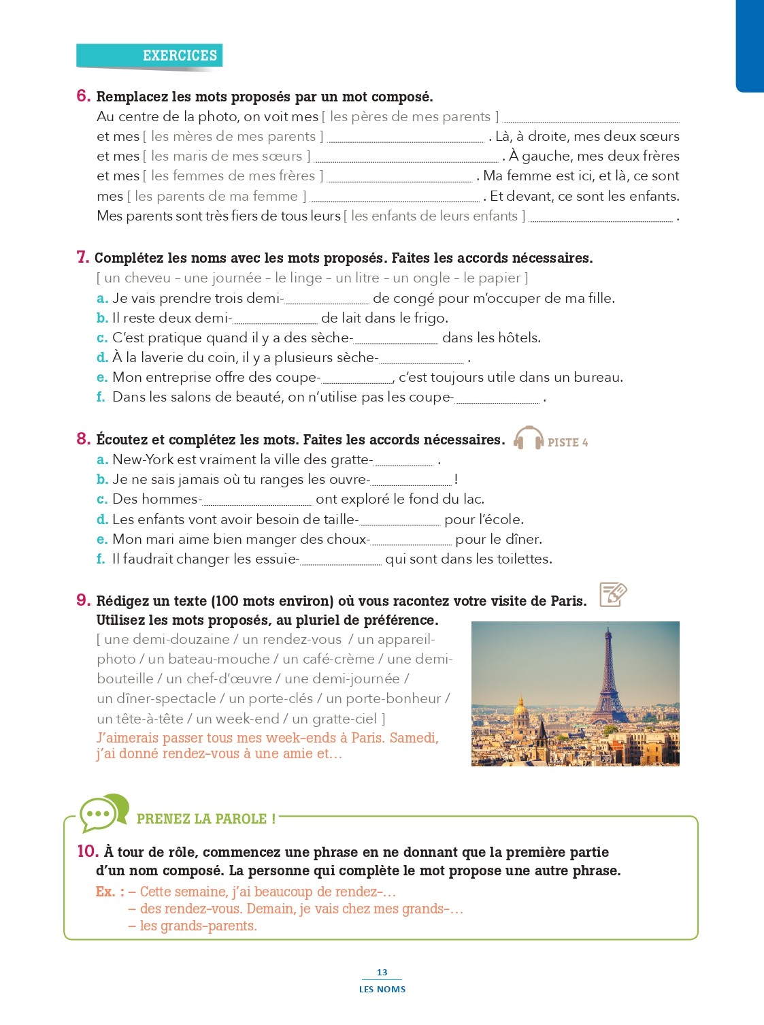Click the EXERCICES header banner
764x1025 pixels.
(150, 56)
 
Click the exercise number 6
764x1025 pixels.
(83, 96)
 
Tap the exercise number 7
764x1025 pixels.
(82, 257)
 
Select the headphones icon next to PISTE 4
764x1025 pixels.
(529, 438)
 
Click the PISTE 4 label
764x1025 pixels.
(567, 442)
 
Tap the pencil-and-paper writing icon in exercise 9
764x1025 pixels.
(612, 594)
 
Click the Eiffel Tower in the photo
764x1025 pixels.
(608, 681)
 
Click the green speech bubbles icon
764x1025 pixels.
(103, 812)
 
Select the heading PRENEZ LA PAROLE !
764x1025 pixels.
(206, 819)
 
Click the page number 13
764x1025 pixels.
(382, 973)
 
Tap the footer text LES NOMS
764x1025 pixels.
(382, 989)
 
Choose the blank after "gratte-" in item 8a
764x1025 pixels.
(403, 461)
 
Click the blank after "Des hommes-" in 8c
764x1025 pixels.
(257, 501)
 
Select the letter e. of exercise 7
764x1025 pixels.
(102, 377)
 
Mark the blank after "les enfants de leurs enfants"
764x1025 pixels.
(601, 217)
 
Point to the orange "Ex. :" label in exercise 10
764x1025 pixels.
(110, 892)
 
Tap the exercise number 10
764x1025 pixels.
(88, 851)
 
